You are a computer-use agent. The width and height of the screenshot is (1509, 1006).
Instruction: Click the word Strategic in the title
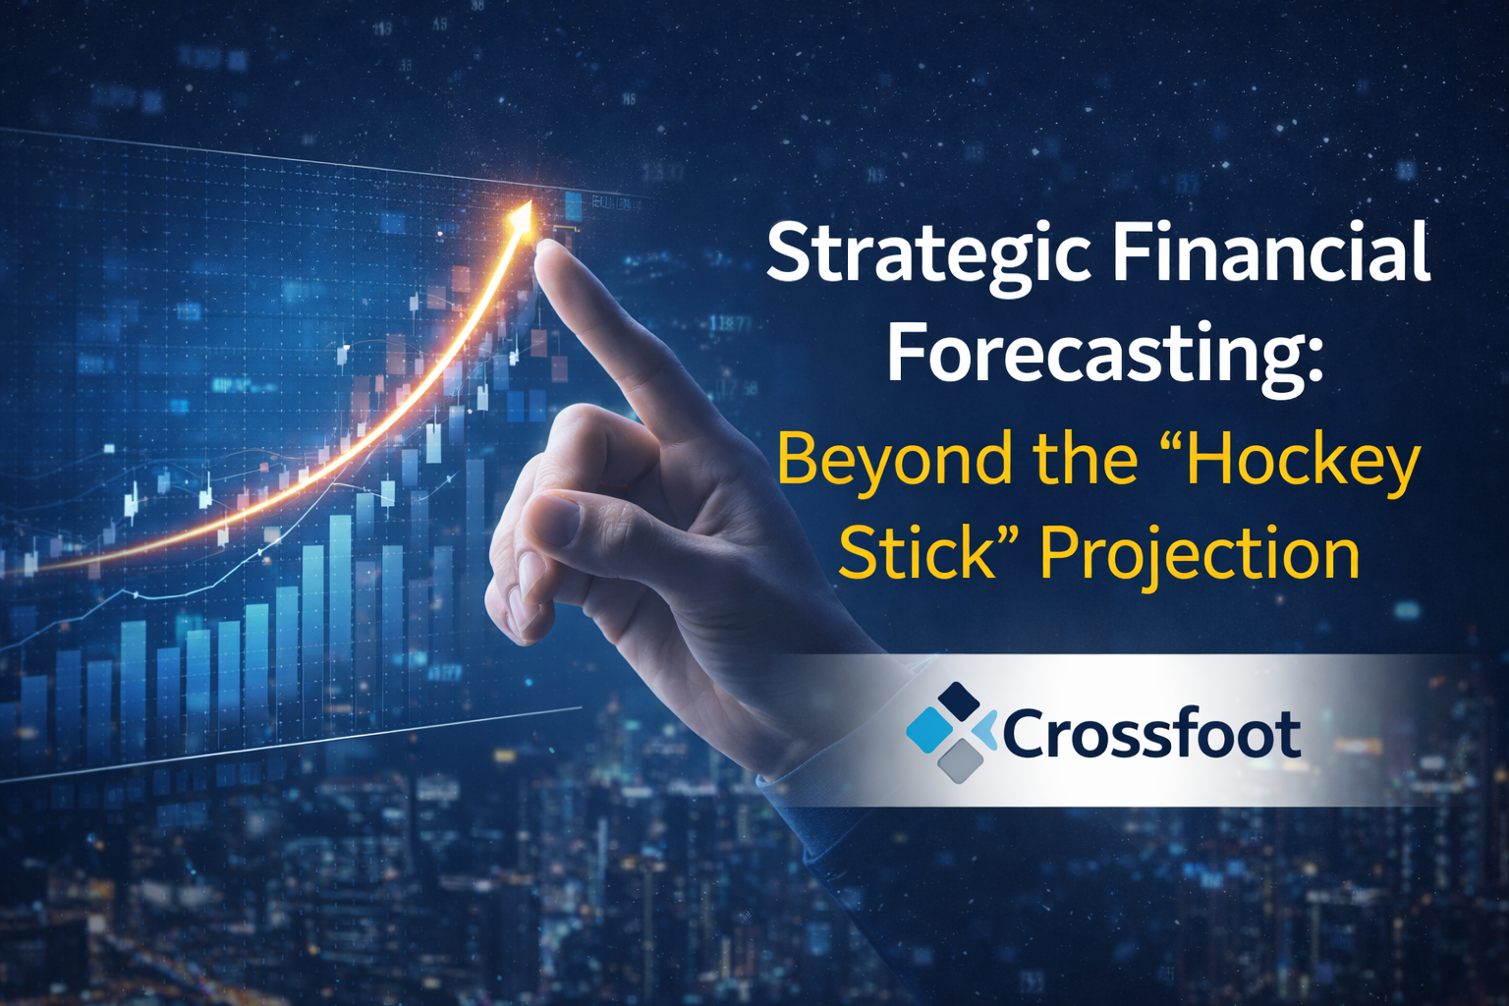(928, 253)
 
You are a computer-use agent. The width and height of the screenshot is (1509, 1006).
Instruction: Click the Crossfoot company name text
(1151, 734)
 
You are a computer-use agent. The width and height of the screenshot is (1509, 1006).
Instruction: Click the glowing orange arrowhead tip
(524, 211)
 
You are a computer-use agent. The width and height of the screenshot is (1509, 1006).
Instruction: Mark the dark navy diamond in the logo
(960, 701)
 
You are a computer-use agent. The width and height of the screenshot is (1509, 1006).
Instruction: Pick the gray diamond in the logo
(960, 760)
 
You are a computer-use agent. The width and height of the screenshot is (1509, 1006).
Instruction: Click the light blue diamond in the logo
(929, 730)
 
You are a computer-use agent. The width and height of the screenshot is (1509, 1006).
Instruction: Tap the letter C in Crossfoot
(1027, 734)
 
